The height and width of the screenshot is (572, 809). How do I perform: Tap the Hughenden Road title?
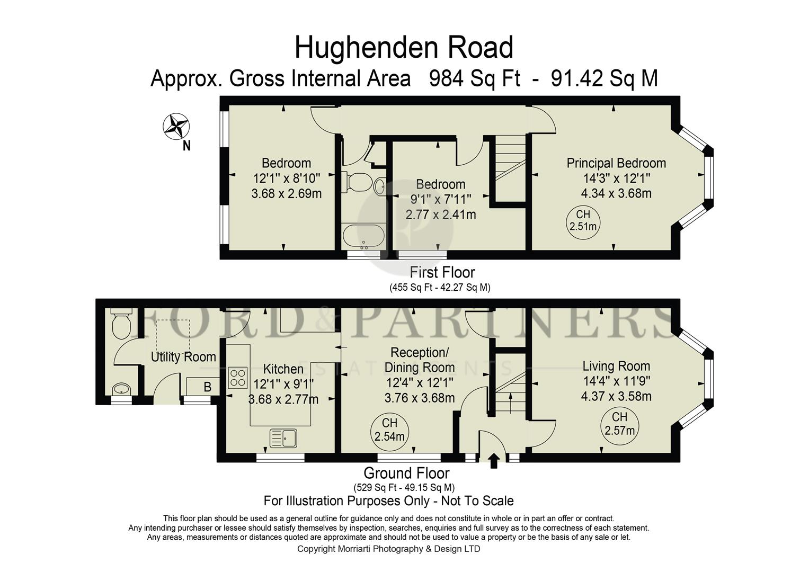point(404,48)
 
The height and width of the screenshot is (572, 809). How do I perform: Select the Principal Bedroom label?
point(616,163)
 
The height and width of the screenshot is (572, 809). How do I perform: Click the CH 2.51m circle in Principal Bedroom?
point(583,221)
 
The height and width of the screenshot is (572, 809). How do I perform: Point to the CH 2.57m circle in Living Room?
point(619,424)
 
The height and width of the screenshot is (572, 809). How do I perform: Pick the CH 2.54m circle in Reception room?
point(389,430)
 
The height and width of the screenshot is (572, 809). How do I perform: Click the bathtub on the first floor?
point(363,236)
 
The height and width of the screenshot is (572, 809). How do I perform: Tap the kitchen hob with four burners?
point(238,377)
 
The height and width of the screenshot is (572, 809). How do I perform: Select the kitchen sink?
point(285,438)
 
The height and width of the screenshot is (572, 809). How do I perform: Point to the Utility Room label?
point(183,357)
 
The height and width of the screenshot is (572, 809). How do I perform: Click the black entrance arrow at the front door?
point(494,460)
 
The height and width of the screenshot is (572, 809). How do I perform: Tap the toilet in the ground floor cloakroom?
point(121,324)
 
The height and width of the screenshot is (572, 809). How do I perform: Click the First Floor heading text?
point(442,272)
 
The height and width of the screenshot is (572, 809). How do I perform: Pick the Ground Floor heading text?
point(406,473)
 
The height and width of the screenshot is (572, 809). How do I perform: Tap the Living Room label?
point(616,366)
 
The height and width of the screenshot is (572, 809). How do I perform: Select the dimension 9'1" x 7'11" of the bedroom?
point(440,200)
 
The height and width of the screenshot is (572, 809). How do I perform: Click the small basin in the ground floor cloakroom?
point(122,389)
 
